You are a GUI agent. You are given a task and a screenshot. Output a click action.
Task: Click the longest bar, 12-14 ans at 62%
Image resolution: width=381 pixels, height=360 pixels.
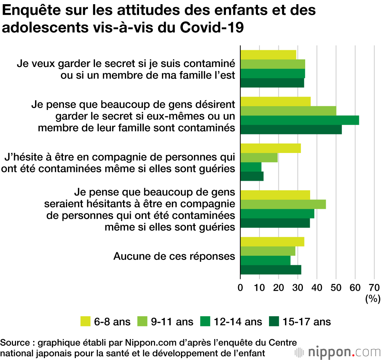coord(299,120)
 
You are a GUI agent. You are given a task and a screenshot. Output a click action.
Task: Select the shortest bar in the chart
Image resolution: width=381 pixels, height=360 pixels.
coord(251,167)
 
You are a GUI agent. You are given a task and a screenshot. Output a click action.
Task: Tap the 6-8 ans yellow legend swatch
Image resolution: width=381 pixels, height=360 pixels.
coord(86,322)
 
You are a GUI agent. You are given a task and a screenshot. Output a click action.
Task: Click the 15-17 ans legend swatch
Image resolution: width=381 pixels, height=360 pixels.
coord(274,322)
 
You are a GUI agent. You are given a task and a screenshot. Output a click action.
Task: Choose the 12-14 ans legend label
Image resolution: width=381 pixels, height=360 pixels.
coord(238,322)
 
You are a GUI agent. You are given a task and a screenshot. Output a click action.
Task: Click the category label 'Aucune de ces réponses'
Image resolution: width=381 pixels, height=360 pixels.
coord(174,256)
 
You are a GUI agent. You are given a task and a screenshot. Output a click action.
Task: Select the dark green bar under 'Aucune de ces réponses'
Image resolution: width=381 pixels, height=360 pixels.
coord(271,270)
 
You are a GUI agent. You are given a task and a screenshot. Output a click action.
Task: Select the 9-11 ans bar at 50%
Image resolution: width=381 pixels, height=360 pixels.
coord(288,111)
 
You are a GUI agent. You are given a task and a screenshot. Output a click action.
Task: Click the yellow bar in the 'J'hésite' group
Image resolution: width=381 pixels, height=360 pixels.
coord(271,148)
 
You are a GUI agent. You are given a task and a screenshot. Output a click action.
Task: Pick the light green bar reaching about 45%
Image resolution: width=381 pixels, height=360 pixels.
coord(283,204)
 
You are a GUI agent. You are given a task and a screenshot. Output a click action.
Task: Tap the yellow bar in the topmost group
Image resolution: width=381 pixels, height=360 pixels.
coord(268,55)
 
